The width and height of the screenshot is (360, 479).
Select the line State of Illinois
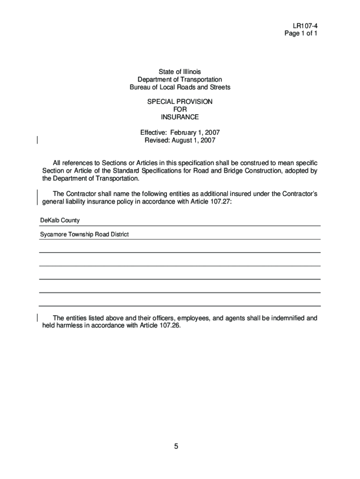180,72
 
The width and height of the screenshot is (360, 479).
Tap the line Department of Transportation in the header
180,80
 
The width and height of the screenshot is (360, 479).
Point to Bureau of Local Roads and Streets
180,87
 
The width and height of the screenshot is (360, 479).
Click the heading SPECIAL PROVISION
180,101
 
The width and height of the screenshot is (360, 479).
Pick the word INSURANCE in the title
180,116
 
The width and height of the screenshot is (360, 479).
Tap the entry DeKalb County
59,220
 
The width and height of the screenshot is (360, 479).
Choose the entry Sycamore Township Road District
84,234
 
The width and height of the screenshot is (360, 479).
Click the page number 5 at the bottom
176,446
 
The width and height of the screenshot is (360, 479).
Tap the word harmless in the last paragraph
68,326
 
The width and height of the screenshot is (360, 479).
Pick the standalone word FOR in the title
180,109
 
